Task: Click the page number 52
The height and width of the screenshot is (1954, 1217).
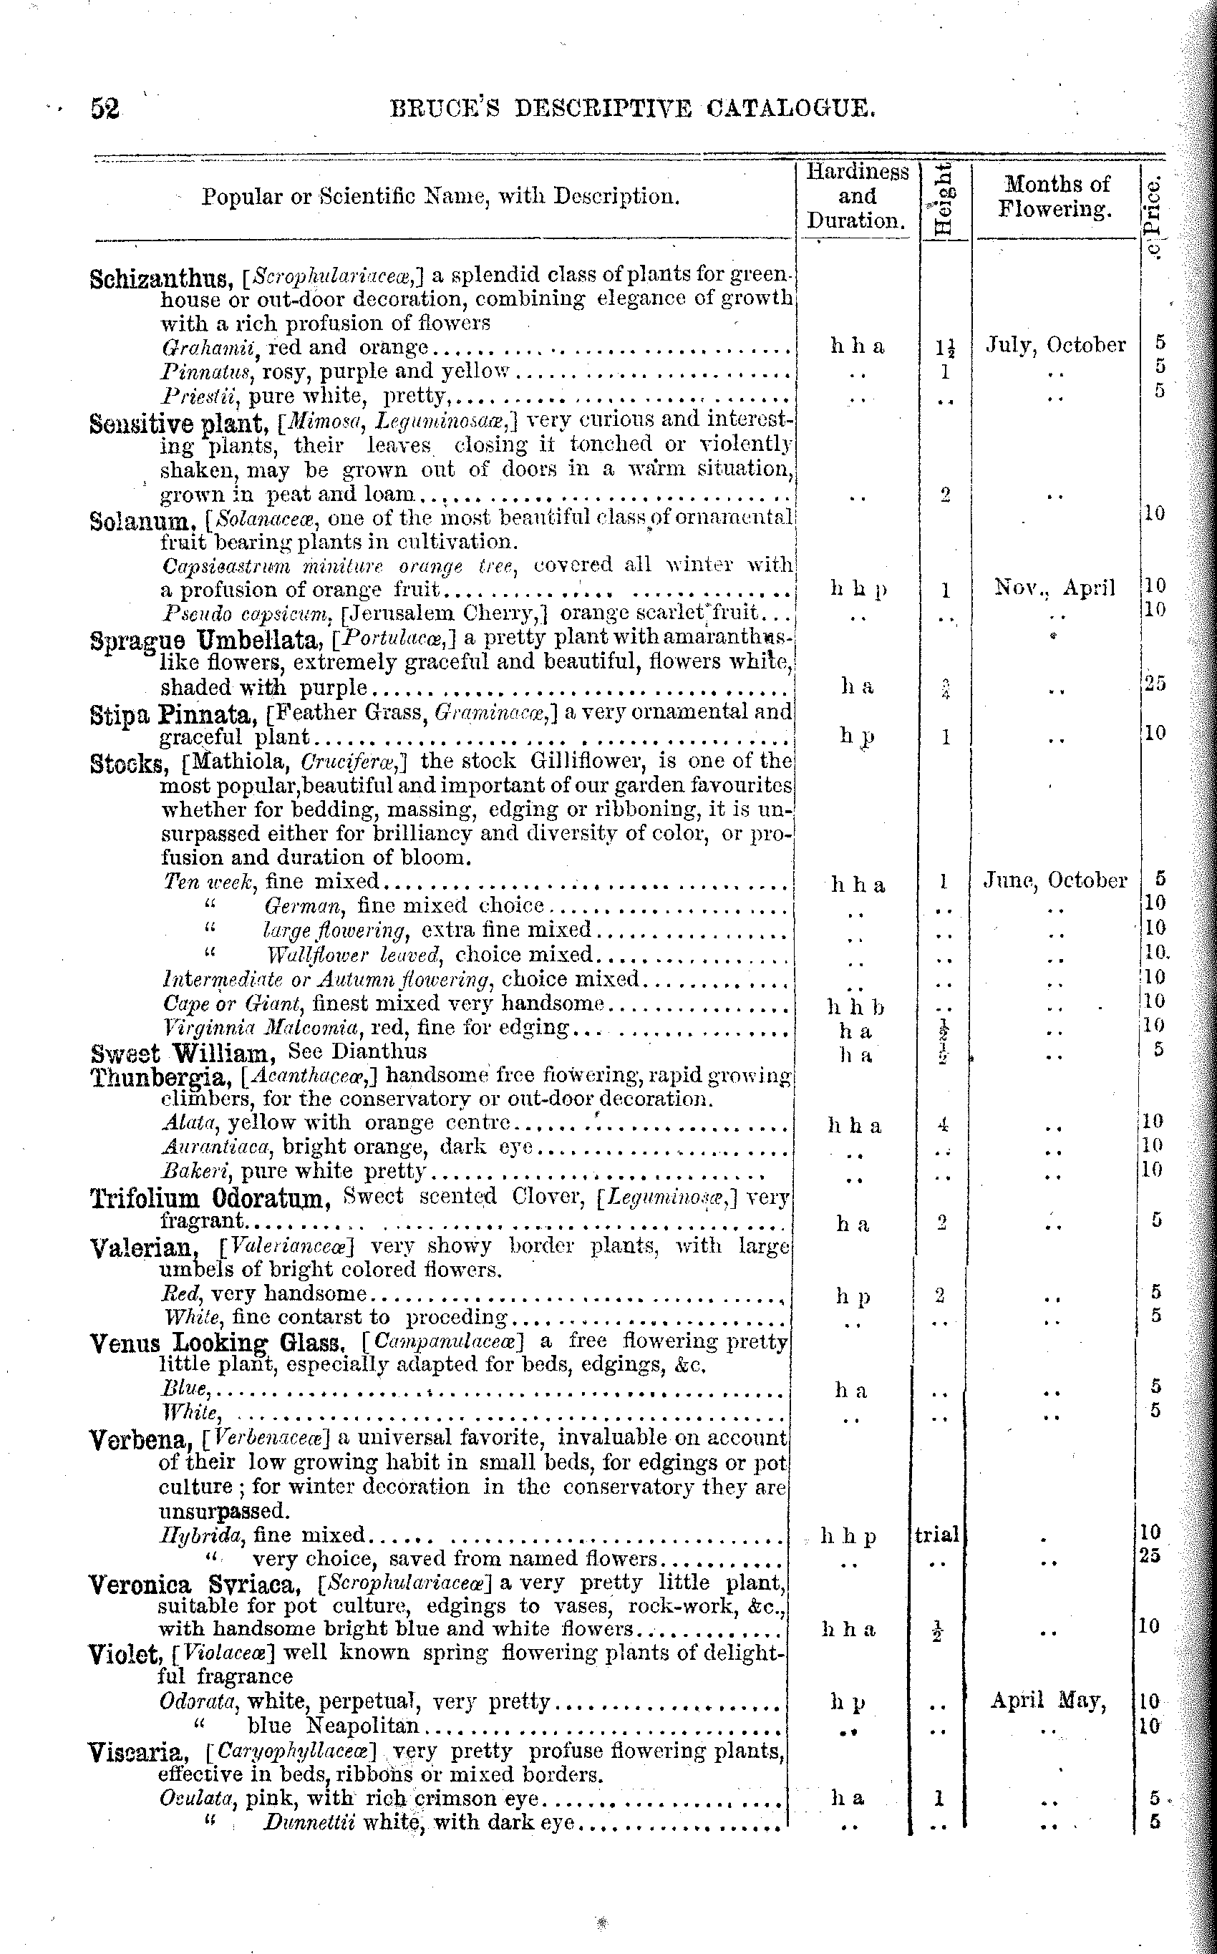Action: (105, 109)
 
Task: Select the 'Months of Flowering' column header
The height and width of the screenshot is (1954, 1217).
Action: (1056, 197)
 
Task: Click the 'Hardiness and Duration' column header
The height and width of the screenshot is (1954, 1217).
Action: (857, 196)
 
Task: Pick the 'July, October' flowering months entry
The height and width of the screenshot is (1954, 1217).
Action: (1056, 345)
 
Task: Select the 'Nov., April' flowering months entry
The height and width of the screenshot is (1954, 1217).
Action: (1054, 588)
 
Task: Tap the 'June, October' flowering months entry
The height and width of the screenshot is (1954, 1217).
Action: (1055, 881)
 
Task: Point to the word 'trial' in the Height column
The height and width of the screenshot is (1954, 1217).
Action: (937, 1535)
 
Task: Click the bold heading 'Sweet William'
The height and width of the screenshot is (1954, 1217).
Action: (183, 1053)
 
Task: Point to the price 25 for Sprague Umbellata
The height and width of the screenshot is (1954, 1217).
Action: (1154, 684)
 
